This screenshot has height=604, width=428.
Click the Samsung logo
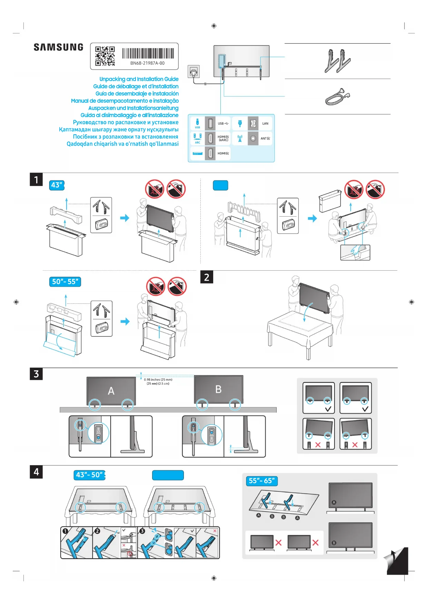coord(58,47)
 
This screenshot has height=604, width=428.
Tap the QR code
coord(105,56)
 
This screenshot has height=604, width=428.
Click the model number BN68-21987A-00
coord(147,63)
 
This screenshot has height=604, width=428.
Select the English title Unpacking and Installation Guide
coord(139,79)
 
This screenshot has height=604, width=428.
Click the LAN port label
coord(265,124)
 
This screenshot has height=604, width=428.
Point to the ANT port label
coord(265,138)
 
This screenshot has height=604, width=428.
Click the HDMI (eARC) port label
coord(223,138)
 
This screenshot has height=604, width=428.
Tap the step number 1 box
coord(36,180)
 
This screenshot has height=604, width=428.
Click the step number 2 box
coord(207,277)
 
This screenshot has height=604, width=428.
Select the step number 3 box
coord(36,374)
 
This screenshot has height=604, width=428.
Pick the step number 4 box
coord(36,472)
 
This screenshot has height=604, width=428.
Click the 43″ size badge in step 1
coord(57,185)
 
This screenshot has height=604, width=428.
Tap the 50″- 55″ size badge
coord(65,282)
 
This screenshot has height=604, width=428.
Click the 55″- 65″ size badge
coord(262,481)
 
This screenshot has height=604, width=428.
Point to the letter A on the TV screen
coord(111,391)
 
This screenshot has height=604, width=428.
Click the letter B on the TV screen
coord(218,389)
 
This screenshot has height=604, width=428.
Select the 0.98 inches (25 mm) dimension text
coord(158,380)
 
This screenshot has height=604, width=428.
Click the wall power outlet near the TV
coord(193,72)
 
